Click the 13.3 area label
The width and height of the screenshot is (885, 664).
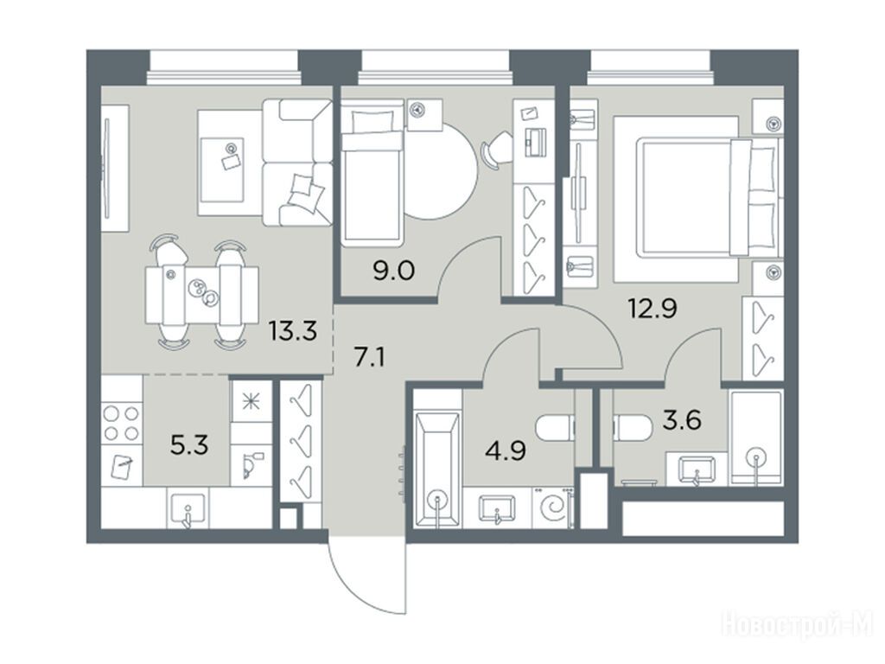tap(292, 331)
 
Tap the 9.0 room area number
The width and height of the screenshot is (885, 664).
tap(393, 271)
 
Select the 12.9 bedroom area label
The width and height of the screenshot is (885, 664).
tap(653, 309)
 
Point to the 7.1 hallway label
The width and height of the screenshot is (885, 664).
tap(370, 357)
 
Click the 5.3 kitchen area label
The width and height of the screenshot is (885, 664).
tap(189, 445)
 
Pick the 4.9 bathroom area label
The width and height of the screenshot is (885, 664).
tap(506, 451)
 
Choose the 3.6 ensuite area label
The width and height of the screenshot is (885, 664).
tap(682, 420)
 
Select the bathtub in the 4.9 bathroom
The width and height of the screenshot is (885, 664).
tap(437, 471)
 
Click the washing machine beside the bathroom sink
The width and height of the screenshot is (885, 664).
tap(552, 508)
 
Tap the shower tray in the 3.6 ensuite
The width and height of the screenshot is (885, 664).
tap(755, 438)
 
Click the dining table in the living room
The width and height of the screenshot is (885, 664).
tap(201, 296)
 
